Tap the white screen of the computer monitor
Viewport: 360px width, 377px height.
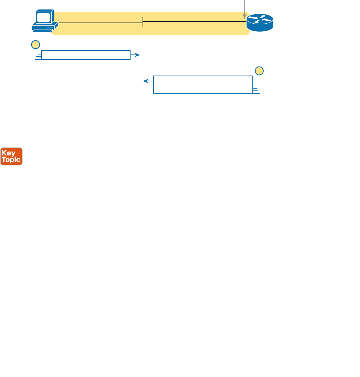43,17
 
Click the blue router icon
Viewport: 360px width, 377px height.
259,23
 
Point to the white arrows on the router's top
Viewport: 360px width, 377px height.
259,19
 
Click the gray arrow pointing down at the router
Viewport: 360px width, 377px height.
245,9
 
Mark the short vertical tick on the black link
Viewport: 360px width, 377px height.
143,22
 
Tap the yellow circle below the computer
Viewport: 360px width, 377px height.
35,45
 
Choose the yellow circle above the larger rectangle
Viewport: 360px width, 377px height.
259,71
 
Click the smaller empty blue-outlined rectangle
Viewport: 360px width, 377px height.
86,55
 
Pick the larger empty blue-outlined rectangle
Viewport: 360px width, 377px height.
203,85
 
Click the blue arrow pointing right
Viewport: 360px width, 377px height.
135,55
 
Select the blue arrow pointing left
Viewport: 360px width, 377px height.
149,81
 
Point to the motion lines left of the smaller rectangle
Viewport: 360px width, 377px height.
38,56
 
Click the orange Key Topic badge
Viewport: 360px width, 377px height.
11,156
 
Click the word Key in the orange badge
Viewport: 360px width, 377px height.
8,153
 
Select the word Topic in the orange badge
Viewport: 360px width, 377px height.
11,159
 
